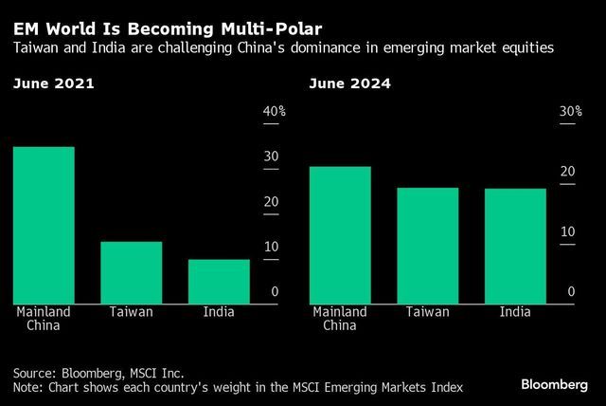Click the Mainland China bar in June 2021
pyautogui.click(x=44, y=225)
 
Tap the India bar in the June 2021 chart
pyautogui.click(x=219, y=281)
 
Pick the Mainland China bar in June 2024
pyautogui.click(x=340, y=234)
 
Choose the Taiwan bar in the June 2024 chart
pyautogui.click(x=427, y=245)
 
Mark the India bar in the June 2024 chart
pyautogui.click(x=515, y=246)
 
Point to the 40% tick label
pyautogui.click(x=274, y=112)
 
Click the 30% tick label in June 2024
pyautogui.click(x=571, y=112)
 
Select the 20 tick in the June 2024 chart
pyautogui.click(x=567, y=172)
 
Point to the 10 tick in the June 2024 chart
pyautogui.click(x=567, y=231)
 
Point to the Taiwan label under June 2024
pyautogui.click(x=427, y=311)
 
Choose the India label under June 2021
pyautogui.click(x=219, y=311)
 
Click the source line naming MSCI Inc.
pyautogui.click(x=98, y=373)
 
